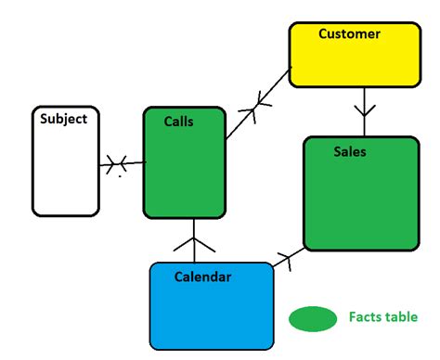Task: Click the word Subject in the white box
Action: click(x=63, y=119)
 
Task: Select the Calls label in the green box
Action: click(x=178, y=122)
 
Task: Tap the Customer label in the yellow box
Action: click(x=349, y=34)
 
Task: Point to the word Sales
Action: click(x=350, y=151)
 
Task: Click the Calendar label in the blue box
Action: click(x=202, y=276)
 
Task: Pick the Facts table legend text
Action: click(x=382, y=317)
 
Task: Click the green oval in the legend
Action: click(x=313, y=318)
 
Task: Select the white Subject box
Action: click(x=65, y=172)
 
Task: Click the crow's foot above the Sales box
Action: click(x=363, y=123)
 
